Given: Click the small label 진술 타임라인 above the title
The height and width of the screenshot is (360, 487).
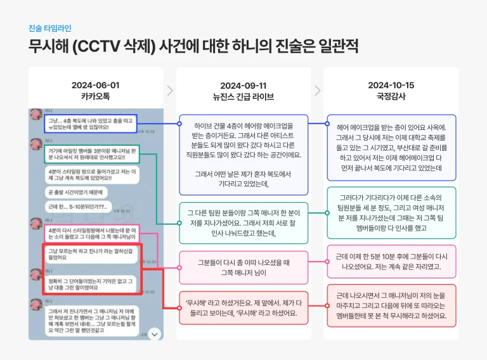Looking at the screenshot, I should pyautogui.click(x=49, y=29).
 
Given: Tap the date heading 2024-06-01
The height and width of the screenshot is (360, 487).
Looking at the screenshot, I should pyautogui.click(x=94, y=85).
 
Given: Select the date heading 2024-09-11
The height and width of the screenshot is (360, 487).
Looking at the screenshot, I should pyautogui.click(x=243, y=86).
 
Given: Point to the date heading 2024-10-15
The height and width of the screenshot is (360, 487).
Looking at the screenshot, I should pyautogui.click(x=391, y=85).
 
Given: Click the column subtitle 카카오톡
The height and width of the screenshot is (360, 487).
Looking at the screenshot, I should pyautogui.click(x=94, y=96).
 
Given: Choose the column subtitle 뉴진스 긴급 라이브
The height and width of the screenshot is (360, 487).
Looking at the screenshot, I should pyautogui.click(x=243, y=97).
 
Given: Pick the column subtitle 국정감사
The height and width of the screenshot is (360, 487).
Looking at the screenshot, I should pyautogui.click(x=391, y=96).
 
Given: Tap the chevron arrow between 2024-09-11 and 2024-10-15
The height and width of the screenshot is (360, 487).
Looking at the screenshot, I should pyautogui.click(x=318, y=91).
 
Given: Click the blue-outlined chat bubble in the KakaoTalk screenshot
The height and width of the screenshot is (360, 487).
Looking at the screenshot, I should pyautogui.click(x=90, y=124).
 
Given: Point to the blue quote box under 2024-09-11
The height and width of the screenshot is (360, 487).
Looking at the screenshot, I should pyautogui.click(x=243, y=155).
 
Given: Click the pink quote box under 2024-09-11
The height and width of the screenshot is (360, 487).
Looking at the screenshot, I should pyautogui.click(x=243, y=267).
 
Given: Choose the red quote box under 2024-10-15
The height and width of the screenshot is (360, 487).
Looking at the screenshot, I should pyautogui.click(x=391, y=305).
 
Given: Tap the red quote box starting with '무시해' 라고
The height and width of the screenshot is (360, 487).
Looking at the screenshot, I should pyautogui.click(x=243, y=307).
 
